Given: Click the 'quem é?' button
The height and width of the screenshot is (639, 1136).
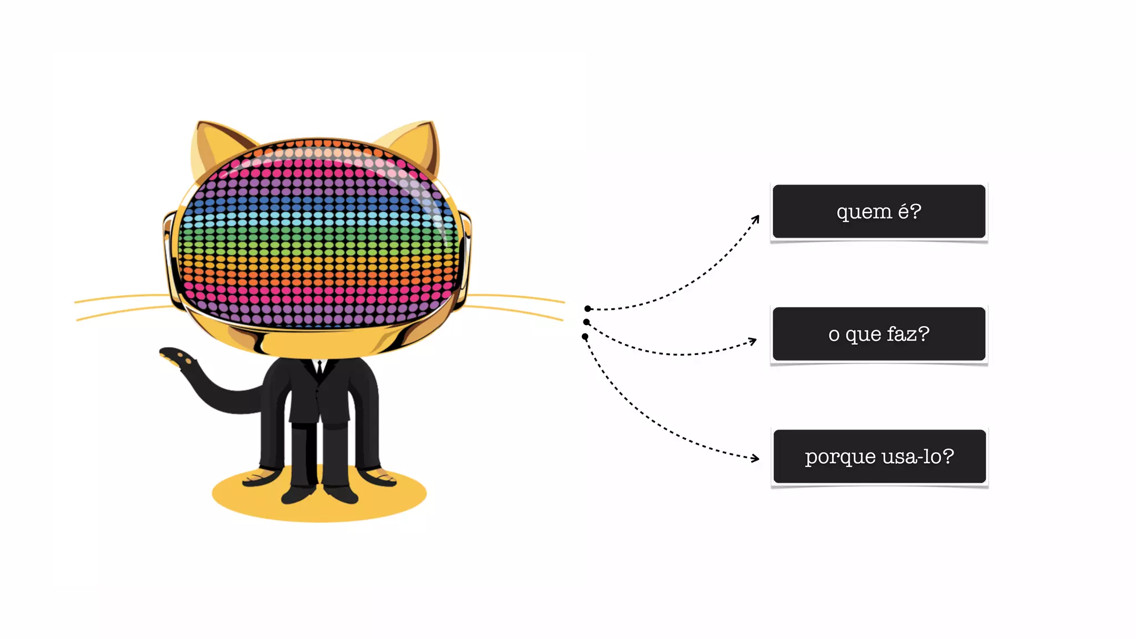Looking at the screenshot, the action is (879, 211).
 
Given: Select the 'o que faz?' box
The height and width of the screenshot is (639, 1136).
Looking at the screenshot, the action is (879, 334).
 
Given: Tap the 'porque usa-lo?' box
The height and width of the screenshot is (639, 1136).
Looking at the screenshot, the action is (879, 457).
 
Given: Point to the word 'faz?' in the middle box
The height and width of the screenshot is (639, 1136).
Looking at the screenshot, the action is (907, 334).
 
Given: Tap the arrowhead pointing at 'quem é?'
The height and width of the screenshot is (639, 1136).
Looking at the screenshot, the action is (756, 219).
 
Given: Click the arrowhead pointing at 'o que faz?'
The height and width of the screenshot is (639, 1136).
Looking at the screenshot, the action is (753, 341).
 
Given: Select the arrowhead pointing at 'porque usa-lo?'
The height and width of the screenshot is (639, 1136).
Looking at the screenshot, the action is (755, 458).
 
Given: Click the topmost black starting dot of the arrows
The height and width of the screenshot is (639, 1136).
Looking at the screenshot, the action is (587, 308).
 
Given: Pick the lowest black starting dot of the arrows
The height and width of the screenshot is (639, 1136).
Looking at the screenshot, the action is (585, 337).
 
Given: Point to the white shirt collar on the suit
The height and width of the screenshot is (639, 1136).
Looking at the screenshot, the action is (319, 365).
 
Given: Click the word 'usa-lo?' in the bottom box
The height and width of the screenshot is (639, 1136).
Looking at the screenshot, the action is (917, 457).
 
